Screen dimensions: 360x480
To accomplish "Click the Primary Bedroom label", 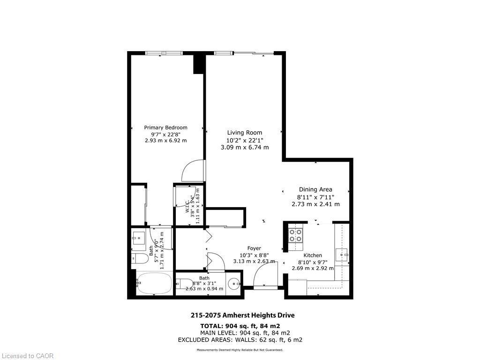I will pos(165,127).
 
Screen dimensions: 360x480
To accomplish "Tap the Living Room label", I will pos(245,133).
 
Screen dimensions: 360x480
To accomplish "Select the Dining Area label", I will pos(315,189).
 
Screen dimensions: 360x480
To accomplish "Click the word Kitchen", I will pos(313,255).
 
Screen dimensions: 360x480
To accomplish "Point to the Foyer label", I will pos(254,248).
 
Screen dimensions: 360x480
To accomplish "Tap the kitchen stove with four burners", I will pos(295,235).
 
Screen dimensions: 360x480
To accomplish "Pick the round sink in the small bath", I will pos(234,284).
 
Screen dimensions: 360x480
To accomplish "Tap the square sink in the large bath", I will pos(139,238).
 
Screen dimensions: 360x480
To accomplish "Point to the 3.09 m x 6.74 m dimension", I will pos(245,147).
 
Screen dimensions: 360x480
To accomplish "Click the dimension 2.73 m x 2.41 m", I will pos(315,204).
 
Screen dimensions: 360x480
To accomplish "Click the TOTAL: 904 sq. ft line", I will pos(240,326).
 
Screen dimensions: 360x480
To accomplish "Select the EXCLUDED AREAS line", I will pos(240,339).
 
